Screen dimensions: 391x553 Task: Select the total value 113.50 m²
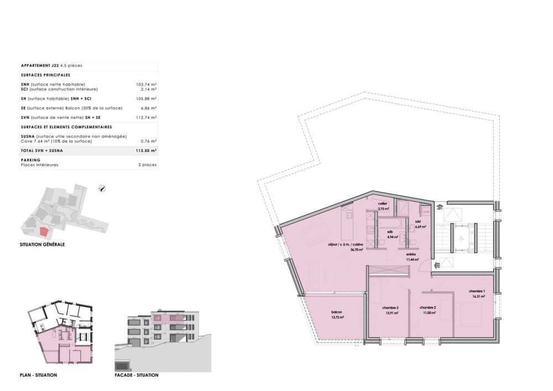pyautogui.click(x=146, y=150)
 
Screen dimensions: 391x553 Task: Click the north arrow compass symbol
pyautogui.click(x=102, y=189)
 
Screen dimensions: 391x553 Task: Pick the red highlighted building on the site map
pyautogui.click(x=44, y=231)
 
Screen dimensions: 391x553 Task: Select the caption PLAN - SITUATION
pyautogui.click(x=38, y=375)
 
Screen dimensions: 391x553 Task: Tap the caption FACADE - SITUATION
pyautogui.click(x=137, y=375)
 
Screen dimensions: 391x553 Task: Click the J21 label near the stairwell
pyautogui.click(x=440, y=209)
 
